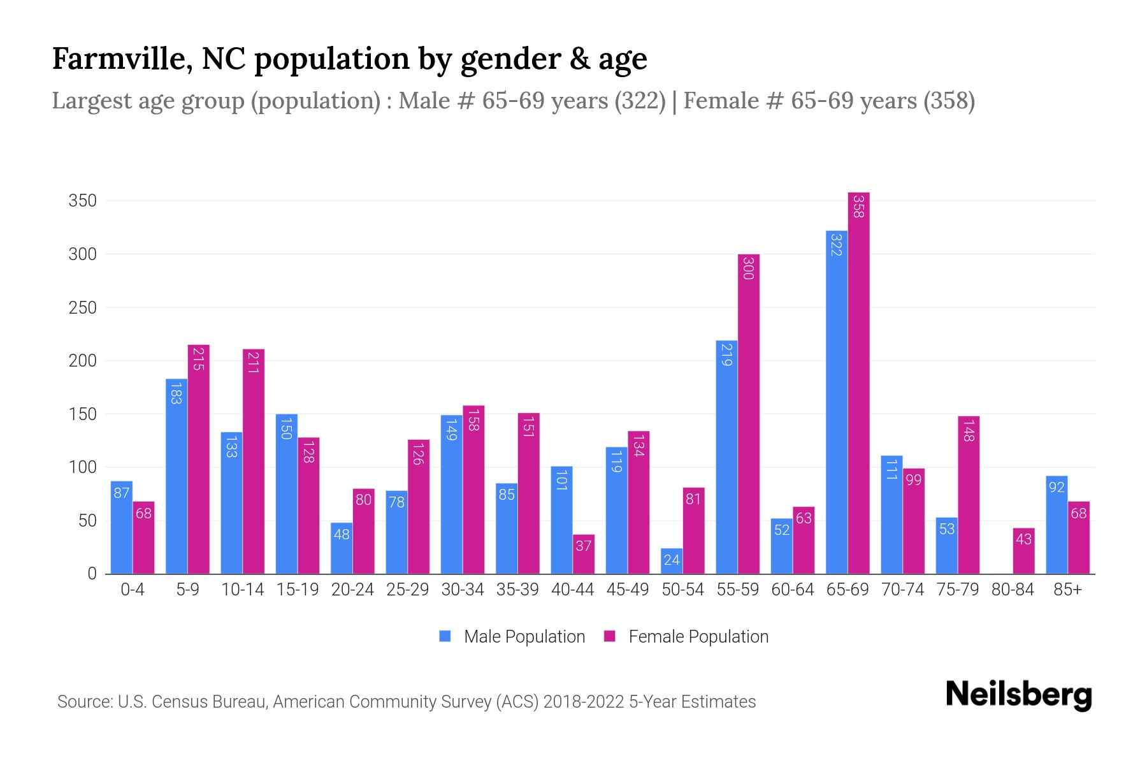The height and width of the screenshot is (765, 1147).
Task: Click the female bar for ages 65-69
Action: (859, 382)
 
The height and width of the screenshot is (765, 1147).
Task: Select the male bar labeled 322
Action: (837, 402)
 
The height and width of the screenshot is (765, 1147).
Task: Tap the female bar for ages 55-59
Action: (749, 414)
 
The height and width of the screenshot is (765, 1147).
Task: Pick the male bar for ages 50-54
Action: (672, 561)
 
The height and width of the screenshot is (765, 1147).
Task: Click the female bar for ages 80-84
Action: (1023, 551)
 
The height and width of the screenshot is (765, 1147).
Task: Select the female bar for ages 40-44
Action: (584, 554)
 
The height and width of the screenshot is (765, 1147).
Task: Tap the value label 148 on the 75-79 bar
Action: (969, 430)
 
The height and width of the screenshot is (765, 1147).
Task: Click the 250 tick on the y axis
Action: (82, 308)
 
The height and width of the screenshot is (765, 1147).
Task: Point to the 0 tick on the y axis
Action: (92, 574)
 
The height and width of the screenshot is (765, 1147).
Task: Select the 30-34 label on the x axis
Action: (463, 590)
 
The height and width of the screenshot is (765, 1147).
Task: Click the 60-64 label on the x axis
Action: (792, 590)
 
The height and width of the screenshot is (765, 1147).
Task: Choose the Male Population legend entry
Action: (524, 637)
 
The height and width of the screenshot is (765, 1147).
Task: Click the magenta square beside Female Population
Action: (610, 636)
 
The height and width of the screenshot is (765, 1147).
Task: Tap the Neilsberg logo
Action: (1018, 695)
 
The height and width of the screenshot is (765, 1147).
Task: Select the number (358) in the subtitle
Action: (949, 101)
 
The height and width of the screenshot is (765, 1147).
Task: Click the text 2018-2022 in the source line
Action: (583, 702)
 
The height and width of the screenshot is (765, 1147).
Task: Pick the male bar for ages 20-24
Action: (342, 548)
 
